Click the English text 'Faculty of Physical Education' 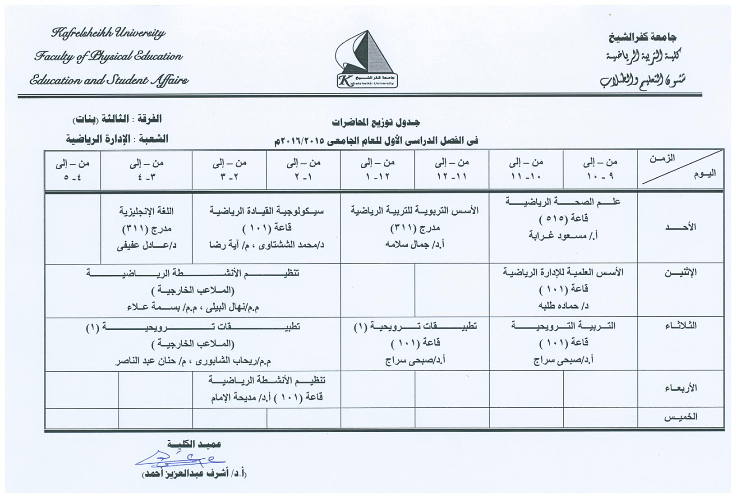pyautogui.click(x=109, y=57)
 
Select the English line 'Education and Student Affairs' pyautogui.click(x=109, y=81)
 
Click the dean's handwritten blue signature pyautogui.click(x=180, y=459)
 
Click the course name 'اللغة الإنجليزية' pyautogui.click(x=147, y=211)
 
